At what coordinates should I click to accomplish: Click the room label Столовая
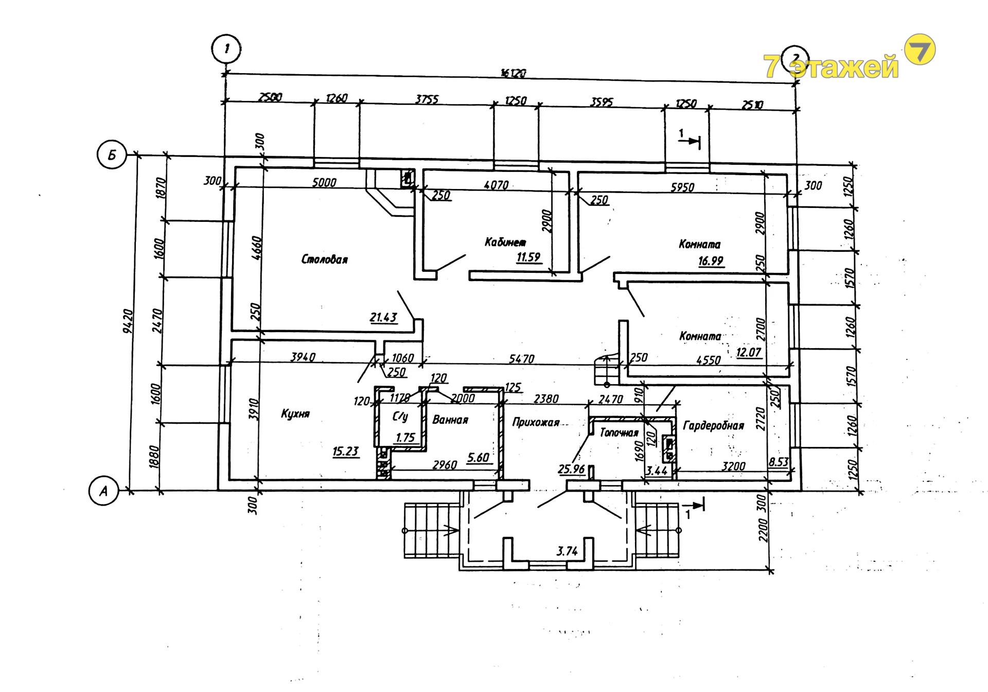click(x=324, y=259)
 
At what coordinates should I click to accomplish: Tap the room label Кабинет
click(x=505, y=241)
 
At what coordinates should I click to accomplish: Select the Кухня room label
click(x=295, y=414)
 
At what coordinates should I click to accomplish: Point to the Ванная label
click(x=450, y=420)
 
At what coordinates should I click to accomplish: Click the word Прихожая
click(x=536, y=422)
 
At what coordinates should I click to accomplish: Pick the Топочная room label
click(x=619, y=432)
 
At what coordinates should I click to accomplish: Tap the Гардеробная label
click(x=713, y=425)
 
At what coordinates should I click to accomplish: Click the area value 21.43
click(x=383, y=317)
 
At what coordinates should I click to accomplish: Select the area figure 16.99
click(x=711, y=261)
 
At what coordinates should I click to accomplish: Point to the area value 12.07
click(x=749, y=352)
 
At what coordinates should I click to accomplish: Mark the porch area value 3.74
click(x=567, y=551)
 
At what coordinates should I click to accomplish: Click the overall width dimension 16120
click(x=513, y=73)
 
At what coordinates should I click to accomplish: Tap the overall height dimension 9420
click(x=128, y=321)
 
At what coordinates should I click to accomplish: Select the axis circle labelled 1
click(x=226, y=49)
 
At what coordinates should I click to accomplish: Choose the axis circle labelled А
click(x=103, y=491)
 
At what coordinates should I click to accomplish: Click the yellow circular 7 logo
click(x=920, y=50)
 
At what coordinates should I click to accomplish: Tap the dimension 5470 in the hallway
click(x=521, y=359)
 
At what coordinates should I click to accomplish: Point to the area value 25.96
click(x=571, y=469)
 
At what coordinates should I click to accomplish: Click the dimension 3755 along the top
click(x=427, y=99)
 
